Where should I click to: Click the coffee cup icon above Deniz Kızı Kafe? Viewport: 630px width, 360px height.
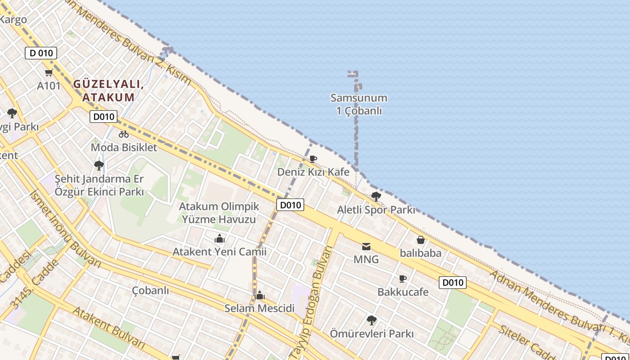(313, 159)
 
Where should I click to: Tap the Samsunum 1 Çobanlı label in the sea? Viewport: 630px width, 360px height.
(359, 104)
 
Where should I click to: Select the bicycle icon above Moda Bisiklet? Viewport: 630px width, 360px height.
(124, 134)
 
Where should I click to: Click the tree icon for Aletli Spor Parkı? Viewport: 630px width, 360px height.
(376, 197)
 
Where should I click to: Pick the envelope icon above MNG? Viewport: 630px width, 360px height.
(366, 246)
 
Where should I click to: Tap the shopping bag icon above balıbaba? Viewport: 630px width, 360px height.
(421, 240)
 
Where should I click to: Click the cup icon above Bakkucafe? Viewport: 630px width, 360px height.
(403, 279)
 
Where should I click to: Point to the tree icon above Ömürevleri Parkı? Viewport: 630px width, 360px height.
(371, 320)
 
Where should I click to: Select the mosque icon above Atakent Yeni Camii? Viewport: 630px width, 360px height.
(220, 238)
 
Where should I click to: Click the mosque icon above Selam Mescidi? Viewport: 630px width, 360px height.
(260, 296)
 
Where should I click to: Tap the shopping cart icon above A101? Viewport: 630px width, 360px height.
(49, 73)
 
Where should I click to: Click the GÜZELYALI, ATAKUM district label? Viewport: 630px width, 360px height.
(108, 90)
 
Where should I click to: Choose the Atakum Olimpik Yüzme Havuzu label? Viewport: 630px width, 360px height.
(219, 213)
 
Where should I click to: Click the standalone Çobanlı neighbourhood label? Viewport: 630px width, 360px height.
(150, 290)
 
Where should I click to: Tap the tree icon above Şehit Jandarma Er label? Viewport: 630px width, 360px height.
(99, 166)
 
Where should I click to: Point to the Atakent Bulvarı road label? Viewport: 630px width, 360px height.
(109, 328)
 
